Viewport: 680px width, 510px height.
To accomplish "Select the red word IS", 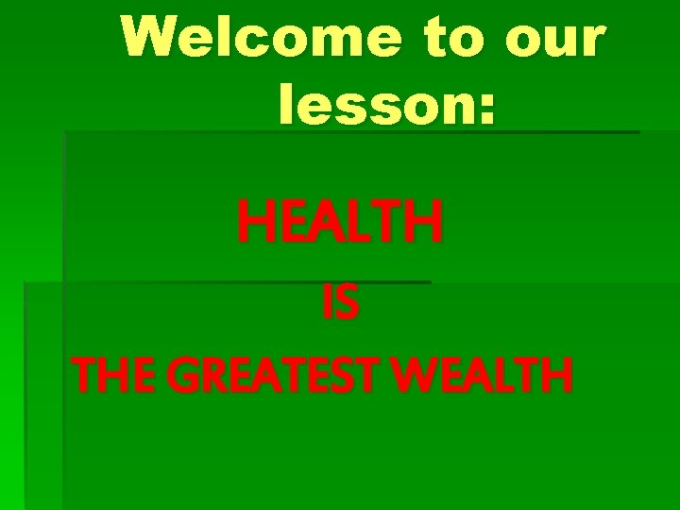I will point(340,305).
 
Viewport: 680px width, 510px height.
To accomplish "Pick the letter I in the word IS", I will point(327,305).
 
